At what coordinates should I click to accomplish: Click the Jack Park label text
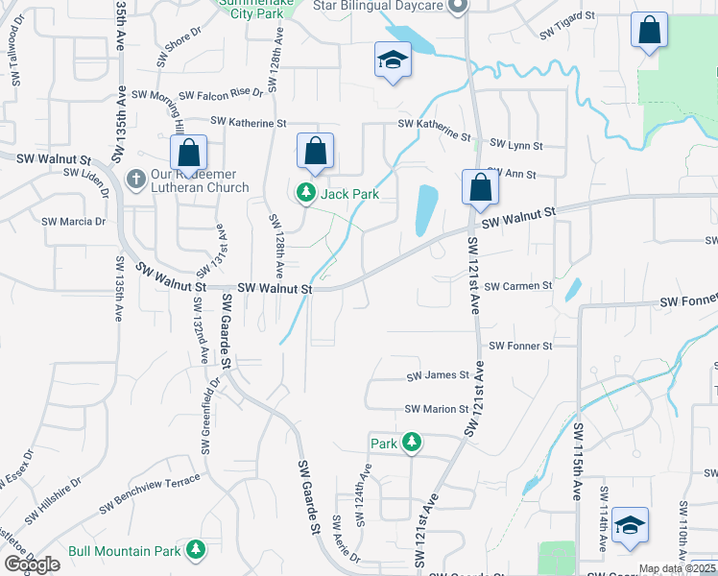point(350,194)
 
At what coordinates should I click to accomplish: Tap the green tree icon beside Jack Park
point(306,194)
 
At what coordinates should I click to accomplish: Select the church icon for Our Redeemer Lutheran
point(136,180)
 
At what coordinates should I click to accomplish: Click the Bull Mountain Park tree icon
point(196,550)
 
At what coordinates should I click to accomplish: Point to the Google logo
point(32,564)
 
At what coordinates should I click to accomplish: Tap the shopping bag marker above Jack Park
point(315,151)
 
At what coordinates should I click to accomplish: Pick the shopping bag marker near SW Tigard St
point(649,30)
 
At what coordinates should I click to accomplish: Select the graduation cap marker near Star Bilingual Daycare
point(392,60)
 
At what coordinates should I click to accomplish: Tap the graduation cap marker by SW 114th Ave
point(630,524)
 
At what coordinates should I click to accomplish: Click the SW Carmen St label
point(518,286)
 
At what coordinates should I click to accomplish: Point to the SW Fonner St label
point(520,346)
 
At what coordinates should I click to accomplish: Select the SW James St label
point(437,376)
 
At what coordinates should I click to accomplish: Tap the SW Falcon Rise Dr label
point(196,94)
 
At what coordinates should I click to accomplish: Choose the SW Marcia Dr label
point(73,221)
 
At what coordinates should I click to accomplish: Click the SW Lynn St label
point(515,145)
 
